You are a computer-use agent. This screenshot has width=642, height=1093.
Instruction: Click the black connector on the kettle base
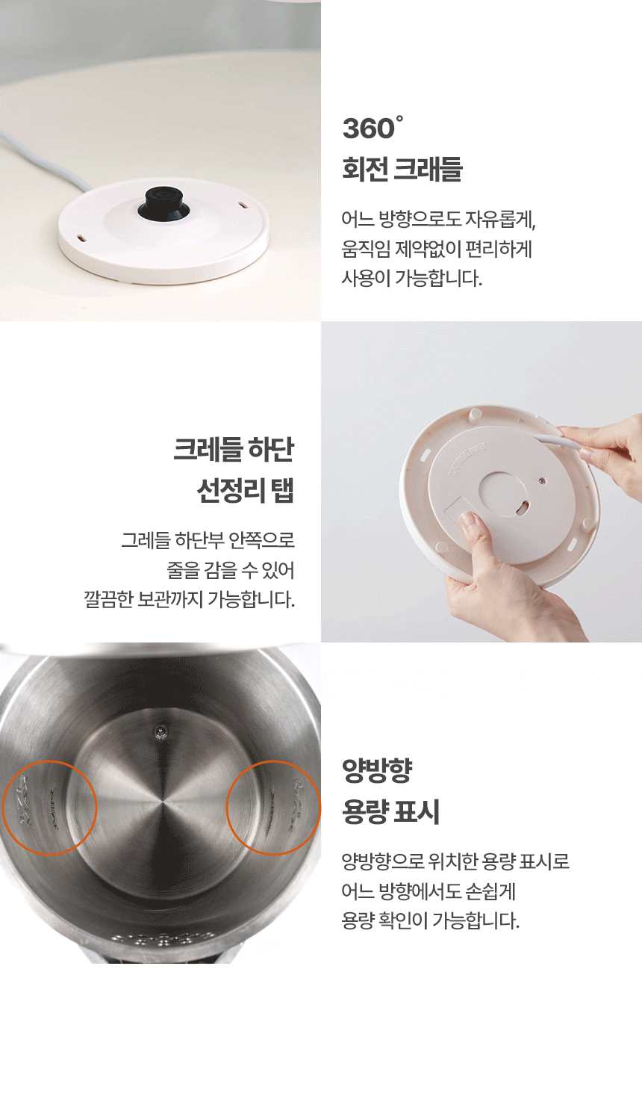[163, 202]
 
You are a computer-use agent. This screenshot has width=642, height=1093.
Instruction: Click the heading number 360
[368, 129]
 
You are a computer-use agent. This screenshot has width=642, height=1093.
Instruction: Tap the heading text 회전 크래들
[402, 169]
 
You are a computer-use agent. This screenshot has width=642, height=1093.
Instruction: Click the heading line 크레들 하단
[234, 450]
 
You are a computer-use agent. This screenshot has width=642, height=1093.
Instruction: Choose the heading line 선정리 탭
[246, 491]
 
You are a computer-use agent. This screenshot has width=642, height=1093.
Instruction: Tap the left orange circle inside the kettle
[50, 808]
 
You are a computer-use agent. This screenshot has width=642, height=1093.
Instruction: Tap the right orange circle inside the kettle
[273, 808]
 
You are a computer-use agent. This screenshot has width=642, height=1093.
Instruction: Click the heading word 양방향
[377, 770]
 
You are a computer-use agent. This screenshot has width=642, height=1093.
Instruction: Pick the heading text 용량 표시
[390, 811]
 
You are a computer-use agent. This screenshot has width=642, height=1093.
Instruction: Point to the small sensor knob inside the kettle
[158, 731]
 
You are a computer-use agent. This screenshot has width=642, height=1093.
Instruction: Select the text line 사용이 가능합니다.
[411, 279]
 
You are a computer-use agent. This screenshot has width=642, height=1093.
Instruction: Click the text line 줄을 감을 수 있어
[231, 570]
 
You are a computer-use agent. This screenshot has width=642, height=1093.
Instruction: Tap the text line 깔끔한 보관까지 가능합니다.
[190, 599]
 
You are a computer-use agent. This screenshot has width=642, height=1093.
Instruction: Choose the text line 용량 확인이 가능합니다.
[430, 920]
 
